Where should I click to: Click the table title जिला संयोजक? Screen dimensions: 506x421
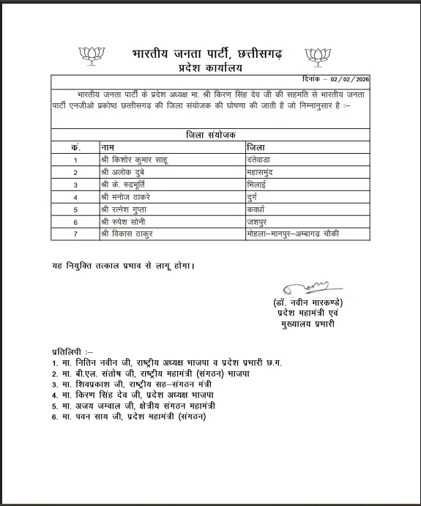[x=206, y=135]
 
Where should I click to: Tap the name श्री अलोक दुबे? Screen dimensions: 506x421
[x=125, y=171]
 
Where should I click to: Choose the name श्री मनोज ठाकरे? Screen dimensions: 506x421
[x=129, y=196]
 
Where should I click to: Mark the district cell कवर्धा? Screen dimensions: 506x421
[x=258, y=209]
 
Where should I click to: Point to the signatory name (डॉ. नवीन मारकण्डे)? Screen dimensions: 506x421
[x=306, y=302]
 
